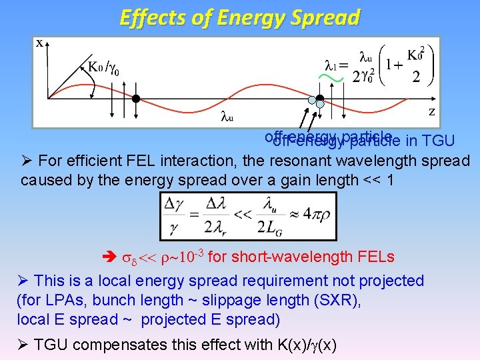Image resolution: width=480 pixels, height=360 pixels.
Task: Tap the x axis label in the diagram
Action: tap(39, 43)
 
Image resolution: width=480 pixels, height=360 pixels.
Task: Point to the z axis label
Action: tap(431, 111)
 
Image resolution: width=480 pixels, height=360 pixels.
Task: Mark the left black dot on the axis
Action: tap(135, 99)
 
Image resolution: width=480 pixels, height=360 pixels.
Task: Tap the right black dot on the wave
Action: tap(319, 99)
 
